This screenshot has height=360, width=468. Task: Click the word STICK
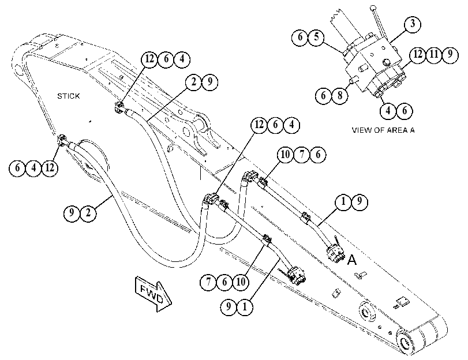[68, 96]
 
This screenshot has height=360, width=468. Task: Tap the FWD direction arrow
[153, 294]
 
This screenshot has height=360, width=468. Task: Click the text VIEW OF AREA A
[383, 130]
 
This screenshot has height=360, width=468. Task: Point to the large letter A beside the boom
[352, 260]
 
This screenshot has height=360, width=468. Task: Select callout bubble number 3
[413, 24]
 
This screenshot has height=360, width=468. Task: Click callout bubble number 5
[316, 37]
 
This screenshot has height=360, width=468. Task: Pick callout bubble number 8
[340, 96]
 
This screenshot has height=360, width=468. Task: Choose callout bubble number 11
[434, 55]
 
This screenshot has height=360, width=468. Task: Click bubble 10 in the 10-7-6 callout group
[285, 155]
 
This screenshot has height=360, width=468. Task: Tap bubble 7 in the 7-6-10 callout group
[208, 282]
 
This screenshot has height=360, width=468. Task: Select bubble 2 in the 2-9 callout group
[193, 82]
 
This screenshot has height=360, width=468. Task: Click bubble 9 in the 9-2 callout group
[72, 213]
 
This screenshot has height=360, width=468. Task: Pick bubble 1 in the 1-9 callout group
[343, 202]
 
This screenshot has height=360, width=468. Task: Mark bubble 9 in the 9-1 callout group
[229, 307]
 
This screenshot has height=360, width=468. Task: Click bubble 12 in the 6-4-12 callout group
[50, 168]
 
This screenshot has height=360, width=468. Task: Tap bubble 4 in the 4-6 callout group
[388, 111]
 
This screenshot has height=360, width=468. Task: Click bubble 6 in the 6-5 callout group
[300, 37]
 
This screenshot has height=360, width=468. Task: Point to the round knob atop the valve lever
[373, 7]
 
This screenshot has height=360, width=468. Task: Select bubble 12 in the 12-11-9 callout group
[418, 55]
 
